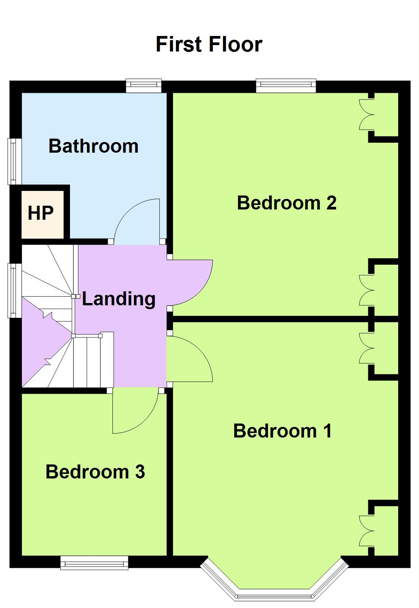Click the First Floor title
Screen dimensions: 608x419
209,44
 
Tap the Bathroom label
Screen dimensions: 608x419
93,146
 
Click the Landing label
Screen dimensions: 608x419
118,299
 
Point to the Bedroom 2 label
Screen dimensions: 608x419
287,203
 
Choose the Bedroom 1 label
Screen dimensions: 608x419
282,431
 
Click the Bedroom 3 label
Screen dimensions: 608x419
95,472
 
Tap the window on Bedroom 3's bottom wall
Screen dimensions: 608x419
94,563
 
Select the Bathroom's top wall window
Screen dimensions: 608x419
144,86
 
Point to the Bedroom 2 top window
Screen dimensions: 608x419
286,86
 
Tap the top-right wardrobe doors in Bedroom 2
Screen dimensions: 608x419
366,114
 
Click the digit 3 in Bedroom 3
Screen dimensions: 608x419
140,472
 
